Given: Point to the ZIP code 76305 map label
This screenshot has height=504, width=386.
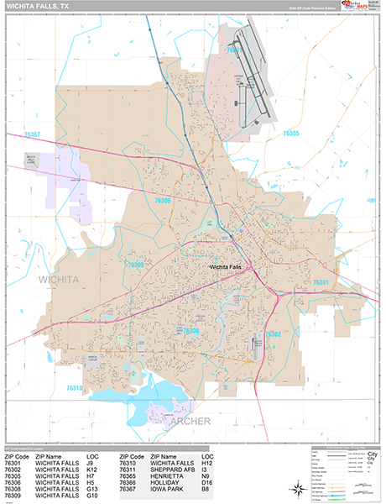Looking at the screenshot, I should click(291, 133).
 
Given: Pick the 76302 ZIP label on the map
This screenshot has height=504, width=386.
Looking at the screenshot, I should click(274, 333).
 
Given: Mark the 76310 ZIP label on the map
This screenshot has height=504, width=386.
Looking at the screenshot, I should click(74, 388).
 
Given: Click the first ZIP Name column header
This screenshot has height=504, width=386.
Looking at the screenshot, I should click(51, 454).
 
